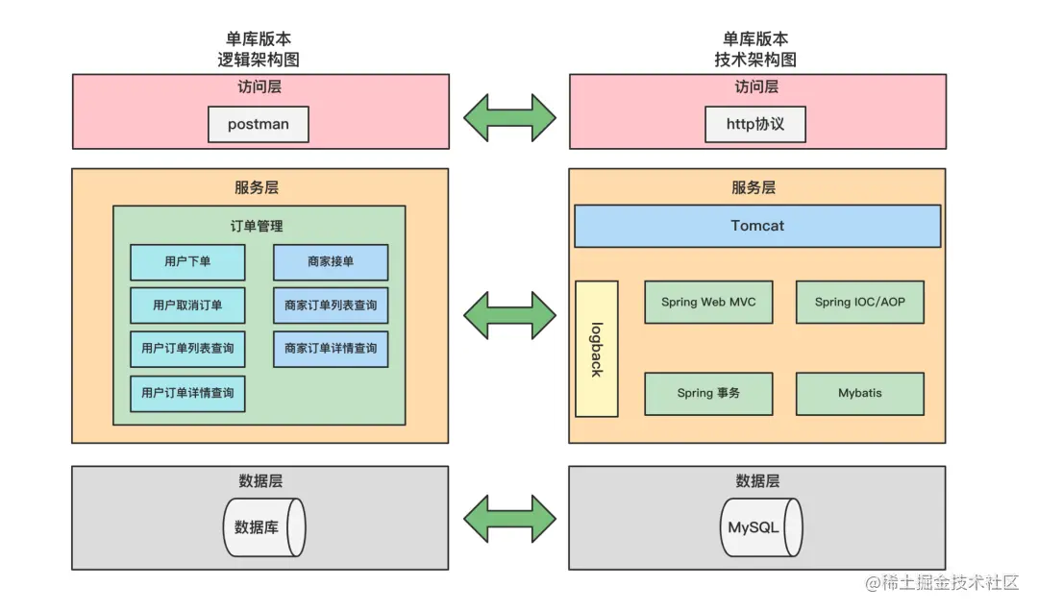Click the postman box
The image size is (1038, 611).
pyautogui.click(x=259, y=125)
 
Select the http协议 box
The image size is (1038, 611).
pyautogui.click(x=754, y=125)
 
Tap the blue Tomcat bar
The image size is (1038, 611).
pyautogui.click(x=757, y=226)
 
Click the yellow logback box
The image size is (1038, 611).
pyautogui.click(x=596, y=349)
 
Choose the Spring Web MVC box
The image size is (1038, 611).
pyautogui.click(x=708, y=303)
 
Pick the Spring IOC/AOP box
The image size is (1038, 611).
pyautogui.click(x=859, y=303)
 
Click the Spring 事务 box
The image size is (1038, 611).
pyautogui.click(x=708, y=394)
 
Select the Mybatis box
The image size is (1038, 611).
pyautogui.click(x=859, y=394)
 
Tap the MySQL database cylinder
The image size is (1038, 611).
pyautogui.click(x=760, y=527)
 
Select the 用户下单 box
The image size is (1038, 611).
pyautogui.click(x=187, y=262)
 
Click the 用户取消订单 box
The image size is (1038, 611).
pyautogui.click(x=187, y=305)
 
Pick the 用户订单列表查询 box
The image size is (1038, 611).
pyautogui.click(x=187, y=349)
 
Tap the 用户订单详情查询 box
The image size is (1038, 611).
pyautogui.click(x=187, y=393)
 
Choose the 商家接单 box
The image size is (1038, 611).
pyautogui.click(x=331, y=262)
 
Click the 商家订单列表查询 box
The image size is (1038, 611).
pyautogui.click(x=331, y=305)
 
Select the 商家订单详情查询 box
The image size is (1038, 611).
pyautogui.click(x=331, y=349)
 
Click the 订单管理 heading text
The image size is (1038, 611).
pyautogui.click(x=257, y=227)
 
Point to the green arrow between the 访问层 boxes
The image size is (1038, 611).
pyautogui.click(x=509, y=117)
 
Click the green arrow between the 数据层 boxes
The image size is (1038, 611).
pyautogui.click(x=509, y=520)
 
